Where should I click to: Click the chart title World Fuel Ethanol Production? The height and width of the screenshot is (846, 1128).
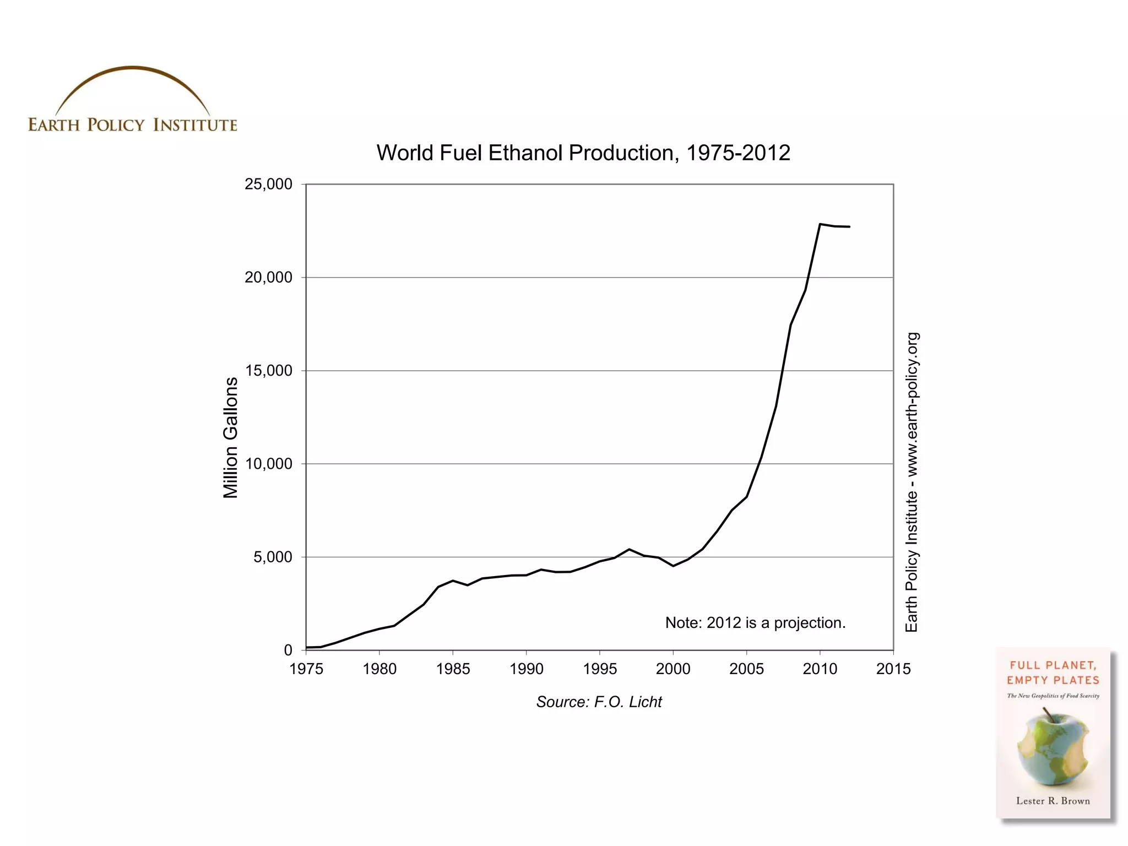[583, 153]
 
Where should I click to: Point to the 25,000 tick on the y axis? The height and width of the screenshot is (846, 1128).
[268, 184]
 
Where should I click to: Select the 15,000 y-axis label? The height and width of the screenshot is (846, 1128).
[268, 371]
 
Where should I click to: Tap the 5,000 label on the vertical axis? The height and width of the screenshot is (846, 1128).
[273, 557]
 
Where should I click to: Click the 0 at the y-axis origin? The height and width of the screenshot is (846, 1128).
[288, 650]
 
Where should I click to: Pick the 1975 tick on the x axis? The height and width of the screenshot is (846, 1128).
[306, 669]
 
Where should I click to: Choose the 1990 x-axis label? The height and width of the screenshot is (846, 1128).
[527, 669]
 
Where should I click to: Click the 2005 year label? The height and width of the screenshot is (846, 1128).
[746, 669]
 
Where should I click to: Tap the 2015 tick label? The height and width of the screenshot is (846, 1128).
[893, 669]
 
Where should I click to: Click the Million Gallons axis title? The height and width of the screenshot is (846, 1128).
[230, 438]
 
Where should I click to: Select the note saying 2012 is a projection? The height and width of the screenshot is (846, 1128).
[755, 623]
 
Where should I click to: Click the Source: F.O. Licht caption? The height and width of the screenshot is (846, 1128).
[599, 702]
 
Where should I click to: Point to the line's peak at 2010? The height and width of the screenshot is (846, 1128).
[820, 224]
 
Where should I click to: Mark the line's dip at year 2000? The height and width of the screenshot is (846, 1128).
[673, 566]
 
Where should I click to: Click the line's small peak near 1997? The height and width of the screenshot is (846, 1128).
[629, 549]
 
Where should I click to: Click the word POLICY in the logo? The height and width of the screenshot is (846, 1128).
[116, 125]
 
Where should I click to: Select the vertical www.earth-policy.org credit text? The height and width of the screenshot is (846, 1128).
[912, 482]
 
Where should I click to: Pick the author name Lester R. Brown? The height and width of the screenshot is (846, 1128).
[1053, 801]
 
